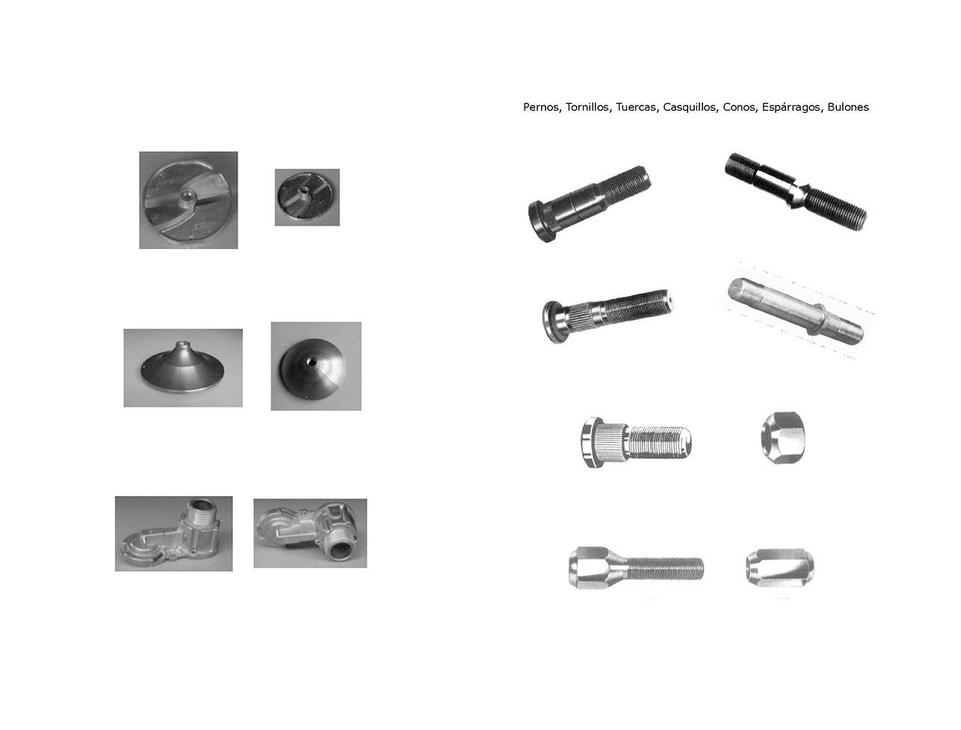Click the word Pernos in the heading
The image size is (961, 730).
pos(540,107)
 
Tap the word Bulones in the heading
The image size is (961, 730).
pos(848,107)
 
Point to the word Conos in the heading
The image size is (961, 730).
pos(739,107)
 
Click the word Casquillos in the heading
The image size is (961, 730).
pos(690,107)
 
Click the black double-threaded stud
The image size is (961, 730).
pos(795,188)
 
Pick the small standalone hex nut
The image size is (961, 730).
pos(785,435)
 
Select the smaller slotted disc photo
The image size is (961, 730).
pos(307,197)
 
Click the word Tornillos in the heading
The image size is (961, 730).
pos(588,107)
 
